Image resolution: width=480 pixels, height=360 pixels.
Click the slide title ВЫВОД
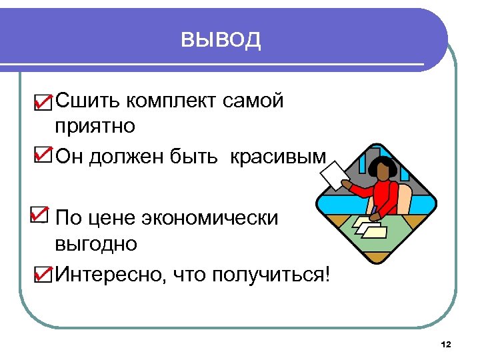[221, 40]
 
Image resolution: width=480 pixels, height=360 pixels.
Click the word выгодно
[96, 243]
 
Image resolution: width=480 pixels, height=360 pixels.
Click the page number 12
[446, 344]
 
